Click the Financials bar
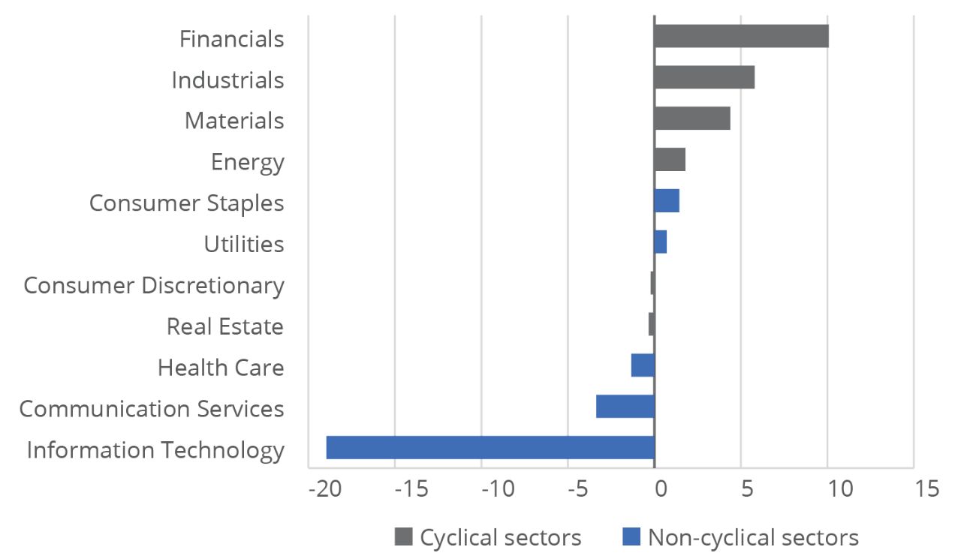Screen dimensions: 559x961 (x=741, y=36)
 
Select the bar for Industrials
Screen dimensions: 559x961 (x=704, y=77)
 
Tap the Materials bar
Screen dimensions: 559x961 (x=692, y=119)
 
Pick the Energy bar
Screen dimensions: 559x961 (x=670, y=160)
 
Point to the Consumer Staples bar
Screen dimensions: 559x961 (x=667, y=201)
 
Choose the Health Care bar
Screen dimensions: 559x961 (x=643, y=365)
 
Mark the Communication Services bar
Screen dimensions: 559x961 (x=625, y=406)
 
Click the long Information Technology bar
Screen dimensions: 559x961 (x=490, y=447)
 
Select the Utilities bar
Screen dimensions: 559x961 (x=661, y=242)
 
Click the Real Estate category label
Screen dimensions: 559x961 (x=225, y=327)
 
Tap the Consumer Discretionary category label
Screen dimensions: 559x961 (x=154, y=286)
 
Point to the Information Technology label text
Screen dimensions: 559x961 (x=155, y=450)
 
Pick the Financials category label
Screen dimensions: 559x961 (x=231, y=39)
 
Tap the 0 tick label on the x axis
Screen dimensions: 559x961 (x=661, y=488)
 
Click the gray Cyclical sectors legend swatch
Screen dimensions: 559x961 (x=403, y=536)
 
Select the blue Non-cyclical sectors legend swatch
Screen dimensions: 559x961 (x=632, y=536)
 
